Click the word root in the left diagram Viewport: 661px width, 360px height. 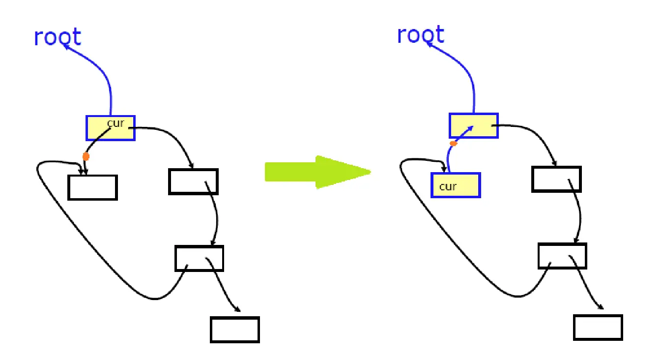tap(57, 37)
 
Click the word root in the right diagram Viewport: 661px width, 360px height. tap(420, 35)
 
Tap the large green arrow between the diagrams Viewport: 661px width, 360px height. tap(317, 172)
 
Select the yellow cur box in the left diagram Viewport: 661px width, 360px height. tap(111, 128)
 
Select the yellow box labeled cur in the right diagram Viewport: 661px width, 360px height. tap(456, 185)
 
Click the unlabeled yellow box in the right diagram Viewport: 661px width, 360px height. tap(474, 126)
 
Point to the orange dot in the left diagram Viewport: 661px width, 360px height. tap(86, 157)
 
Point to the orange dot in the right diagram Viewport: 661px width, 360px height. tap(453, 144)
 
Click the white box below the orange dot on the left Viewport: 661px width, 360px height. tap(92, 187)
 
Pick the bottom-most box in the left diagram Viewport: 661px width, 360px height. tap(234, 330)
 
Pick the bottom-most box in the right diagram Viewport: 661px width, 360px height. tap(598, 328)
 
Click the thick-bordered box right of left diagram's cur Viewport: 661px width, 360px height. tap(193, 182)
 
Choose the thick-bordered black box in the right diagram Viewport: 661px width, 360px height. tap(556, 180)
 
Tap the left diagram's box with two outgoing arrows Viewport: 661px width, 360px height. tap(199, 258)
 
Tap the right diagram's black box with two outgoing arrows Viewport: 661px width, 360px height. tap(562, 256)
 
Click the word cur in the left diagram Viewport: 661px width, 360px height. tap(115, 123)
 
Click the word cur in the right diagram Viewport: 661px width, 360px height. tap(448, 186)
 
